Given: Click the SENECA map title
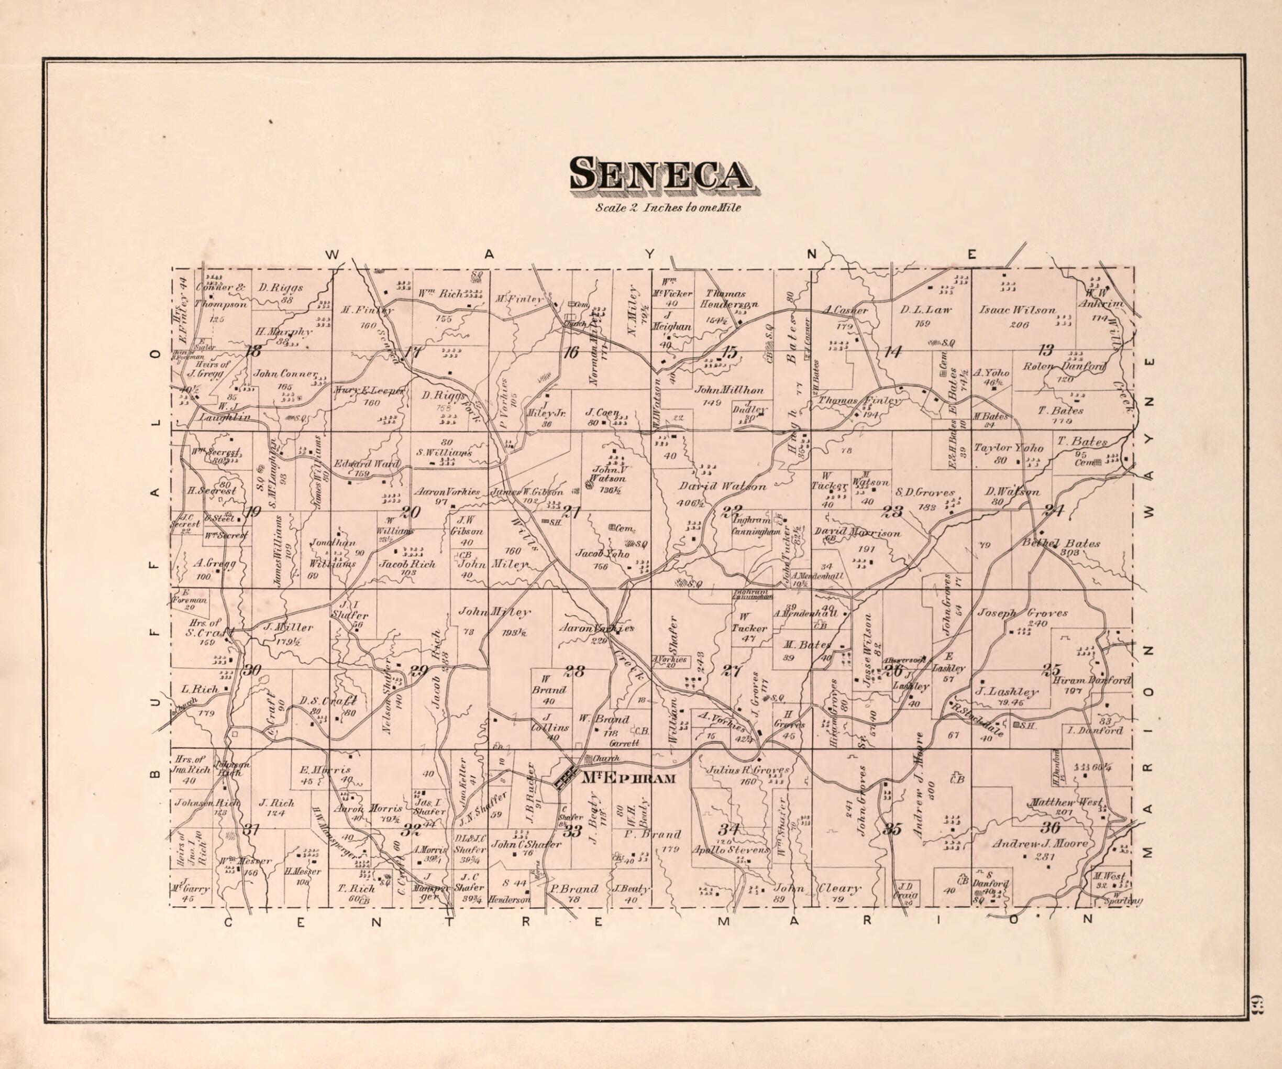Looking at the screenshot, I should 660,174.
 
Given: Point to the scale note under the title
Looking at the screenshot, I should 668,207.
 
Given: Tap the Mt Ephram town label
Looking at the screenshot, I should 629,778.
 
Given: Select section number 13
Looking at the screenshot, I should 1046,350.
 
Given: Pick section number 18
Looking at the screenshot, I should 252,351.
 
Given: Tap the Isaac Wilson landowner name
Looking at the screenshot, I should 1017,310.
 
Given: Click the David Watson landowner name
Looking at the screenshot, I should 722,487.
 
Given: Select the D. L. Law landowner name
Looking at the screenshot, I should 925,310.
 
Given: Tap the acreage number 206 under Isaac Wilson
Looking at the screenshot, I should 1019,325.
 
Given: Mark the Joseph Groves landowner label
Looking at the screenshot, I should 1023,612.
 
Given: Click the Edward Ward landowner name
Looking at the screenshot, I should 366,464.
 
